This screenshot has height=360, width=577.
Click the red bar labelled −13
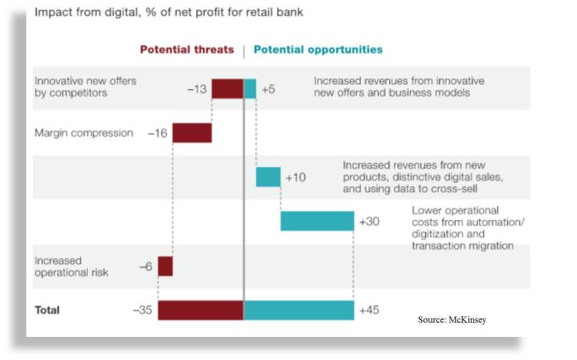point(227,88)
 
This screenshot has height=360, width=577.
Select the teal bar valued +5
point(250,88)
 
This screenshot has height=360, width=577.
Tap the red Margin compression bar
point(192,133)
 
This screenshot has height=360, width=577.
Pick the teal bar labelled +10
point(268,177)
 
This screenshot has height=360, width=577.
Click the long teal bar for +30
point(316,222)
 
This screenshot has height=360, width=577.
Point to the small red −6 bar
point(165,266)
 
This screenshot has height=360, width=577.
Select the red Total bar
point(200,310)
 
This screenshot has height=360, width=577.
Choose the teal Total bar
point(299,310)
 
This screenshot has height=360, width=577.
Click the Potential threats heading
point(186,50)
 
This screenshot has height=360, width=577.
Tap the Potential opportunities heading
point(318,50)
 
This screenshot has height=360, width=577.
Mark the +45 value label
point(369,311)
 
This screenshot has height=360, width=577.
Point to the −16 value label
point(158,133)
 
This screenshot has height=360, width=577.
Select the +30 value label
point(369,222)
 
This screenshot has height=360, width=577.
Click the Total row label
point(47,311)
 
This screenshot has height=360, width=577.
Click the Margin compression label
point(84,133)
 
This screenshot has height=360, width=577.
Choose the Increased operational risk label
point(72,266)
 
